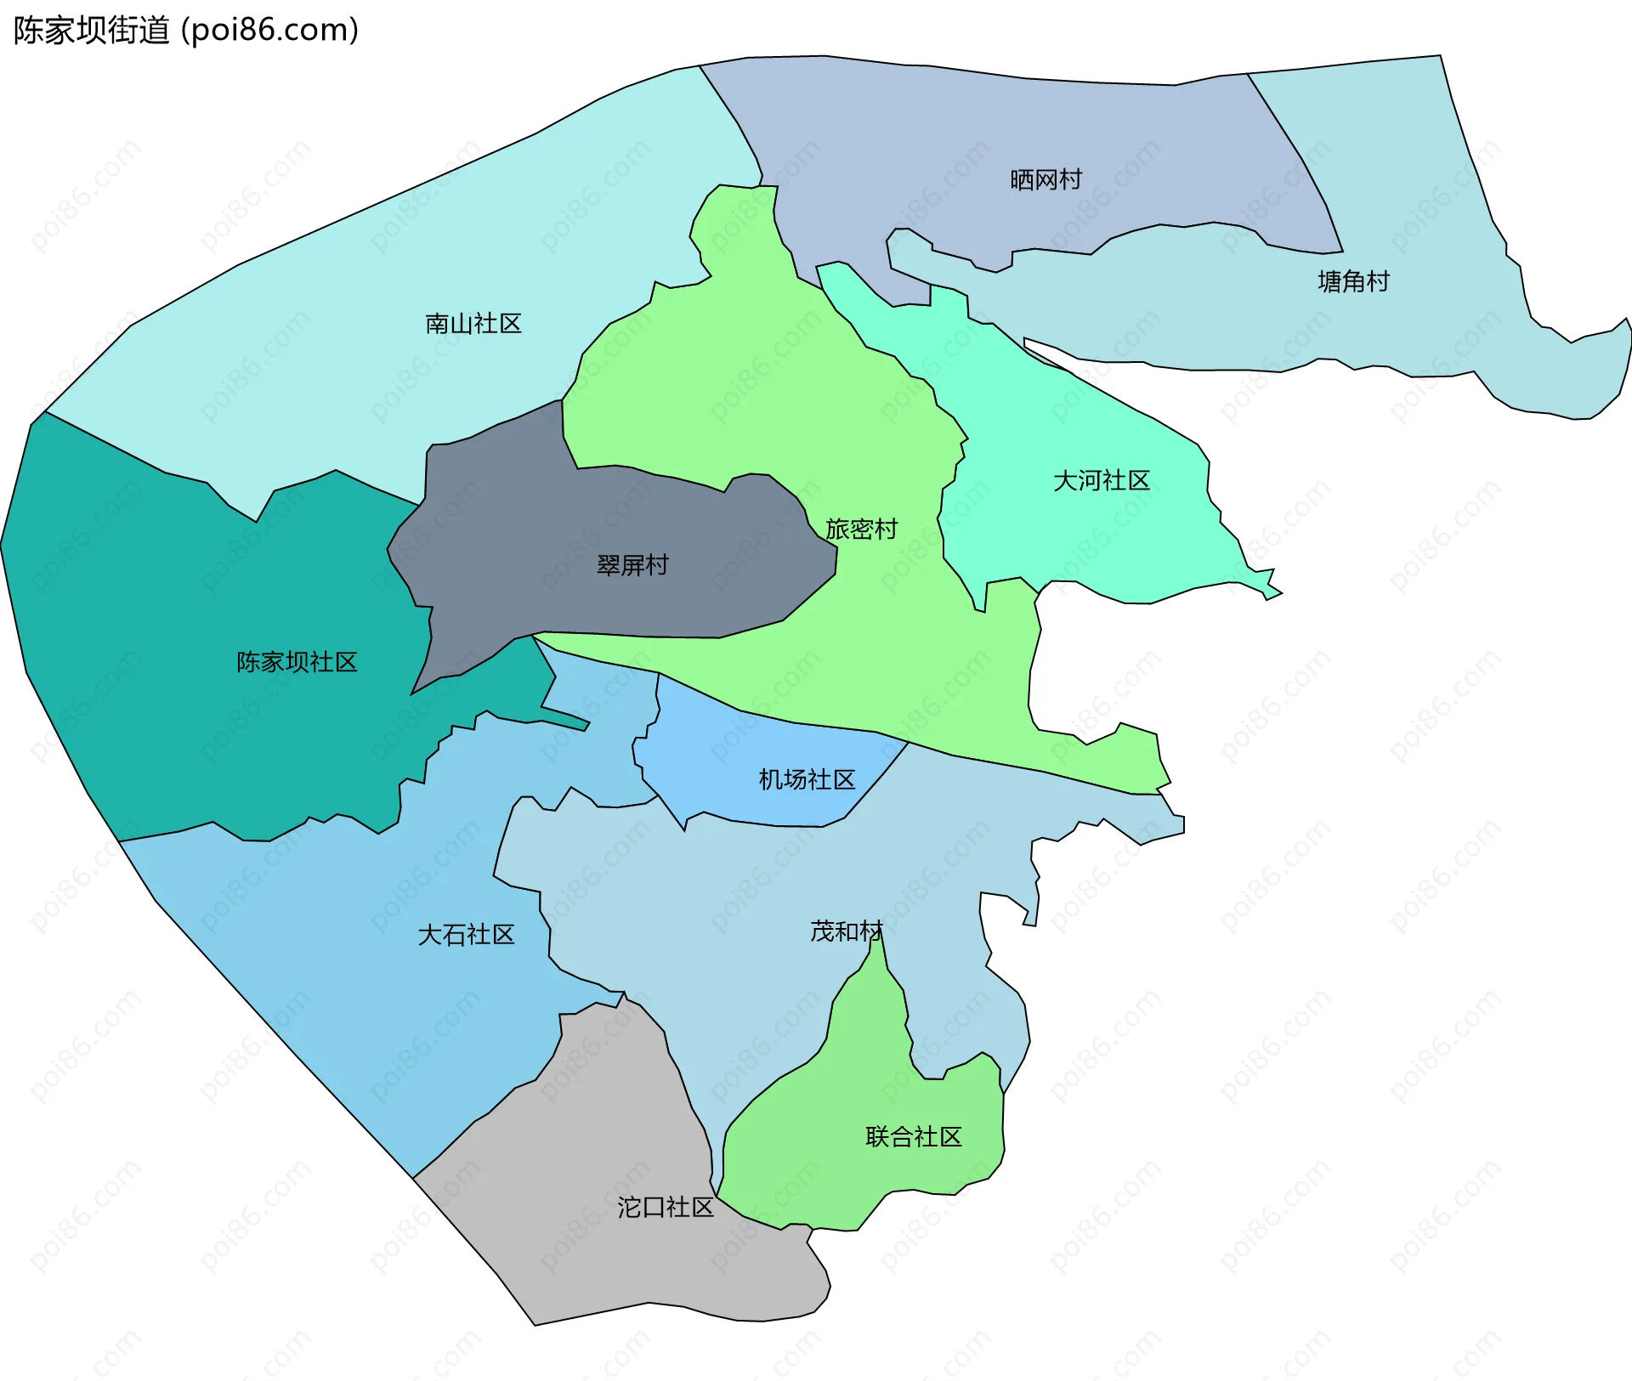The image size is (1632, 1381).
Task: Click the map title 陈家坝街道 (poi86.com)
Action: pyautogui.click(x=186, y=31)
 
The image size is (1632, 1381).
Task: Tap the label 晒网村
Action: pyautogui.click(x=1045, y=180)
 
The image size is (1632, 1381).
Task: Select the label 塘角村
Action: pyautogui.click(x=1353, y=281)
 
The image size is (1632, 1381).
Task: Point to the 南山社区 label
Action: pyautogui.click(x=473, y=324)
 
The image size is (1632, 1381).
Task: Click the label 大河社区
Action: pyautogui.click(x=1101, y=481)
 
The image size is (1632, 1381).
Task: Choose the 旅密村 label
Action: pyautogui.click(x=861, y=529)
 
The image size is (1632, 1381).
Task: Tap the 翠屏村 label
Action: pyautogui.click(x=632, y=565)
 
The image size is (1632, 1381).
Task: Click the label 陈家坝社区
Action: pyautogui.click(x=297, y=662)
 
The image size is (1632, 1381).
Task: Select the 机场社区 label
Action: pyautogui.click(x=807, y=779)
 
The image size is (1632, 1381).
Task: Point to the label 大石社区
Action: pyautogui.click(x=466, y=935)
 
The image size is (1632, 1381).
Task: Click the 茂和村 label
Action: pyautogui.click(x=847, y=931)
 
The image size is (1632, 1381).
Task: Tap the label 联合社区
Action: pyautogui.click(x=913, y=1137)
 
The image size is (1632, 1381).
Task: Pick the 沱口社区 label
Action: pyautogui.click(x=665, y=1207)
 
